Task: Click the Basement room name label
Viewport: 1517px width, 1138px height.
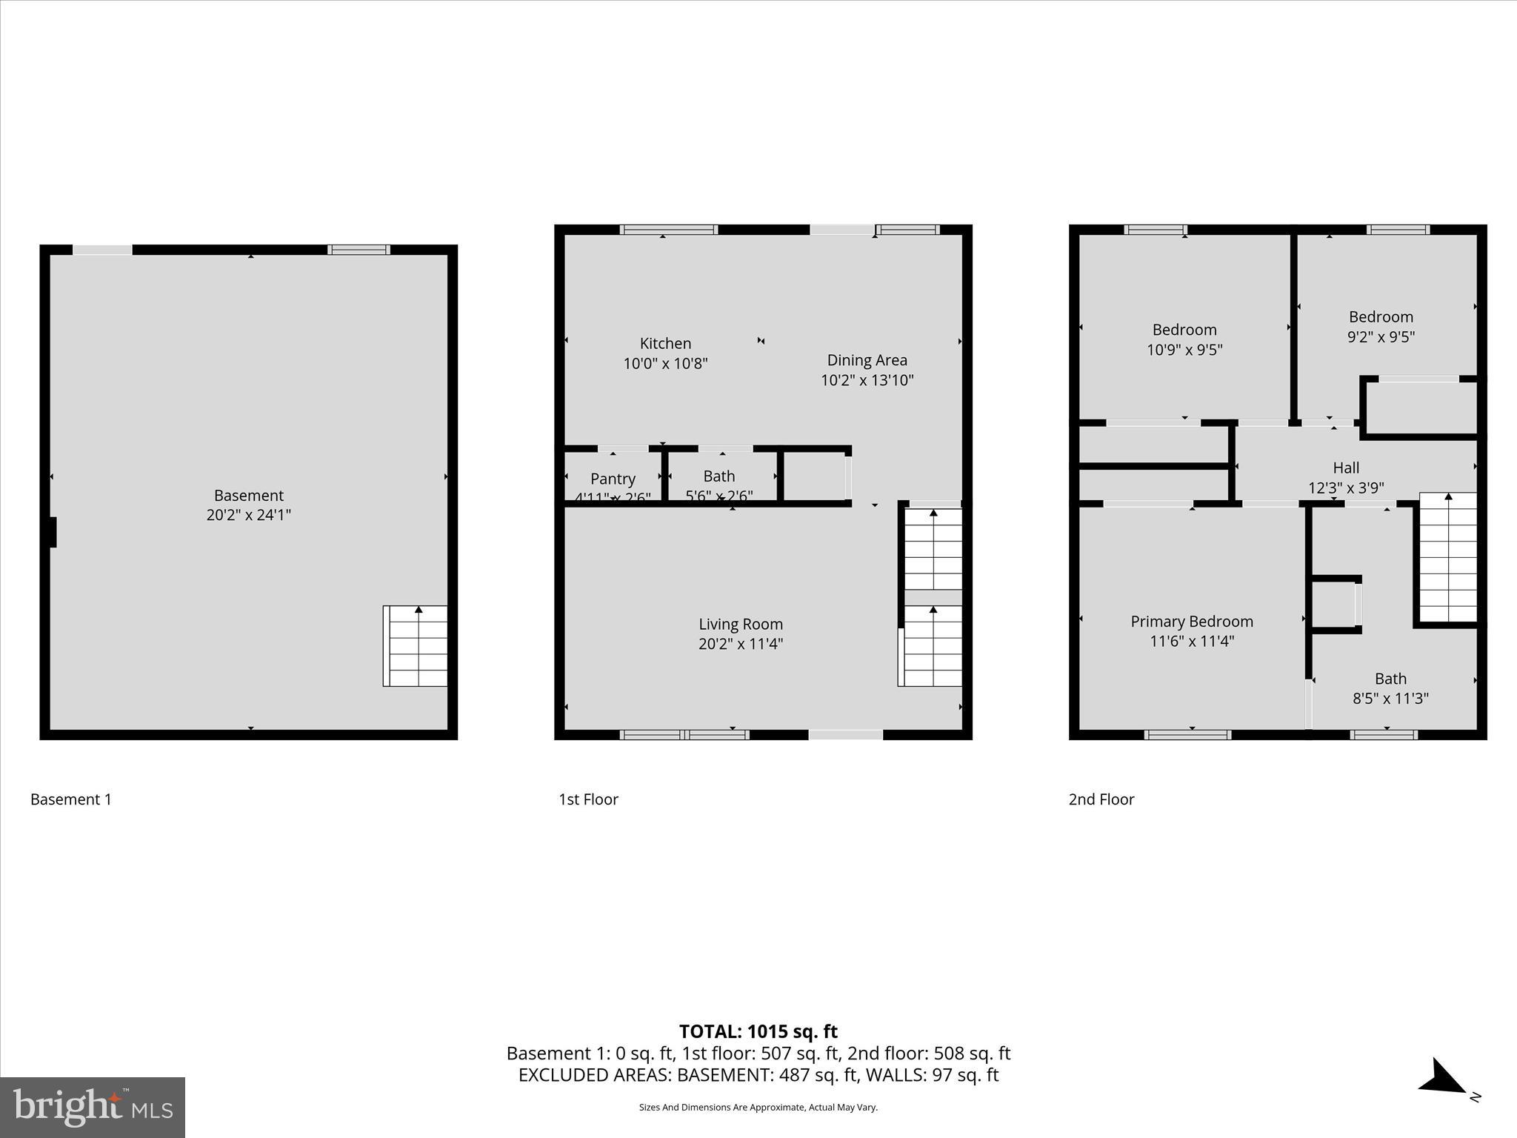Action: (248, 495)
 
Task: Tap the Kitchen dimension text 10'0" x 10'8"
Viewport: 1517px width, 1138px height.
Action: (665, 364)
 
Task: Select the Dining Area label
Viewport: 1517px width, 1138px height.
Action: (867, 360)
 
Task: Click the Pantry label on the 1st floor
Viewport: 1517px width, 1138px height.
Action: (613, 479)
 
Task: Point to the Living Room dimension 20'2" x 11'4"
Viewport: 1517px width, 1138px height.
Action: (740, 644)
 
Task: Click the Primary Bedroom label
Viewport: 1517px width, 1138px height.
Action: (1191, 622)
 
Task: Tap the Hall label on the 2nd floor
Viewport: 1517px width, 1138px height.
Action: (1345, 467)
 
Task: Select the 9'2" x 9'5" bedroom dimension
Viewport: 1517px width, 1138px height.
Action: (1380, 337)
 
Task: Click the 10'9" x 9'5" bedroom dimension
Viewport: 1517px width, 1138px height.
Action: (1184, 350)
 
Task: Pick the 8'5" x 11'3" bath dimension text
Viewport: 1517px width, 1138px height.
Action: (1390, 698)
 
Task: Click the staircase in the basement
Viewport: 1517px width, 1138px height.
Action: (415, 646)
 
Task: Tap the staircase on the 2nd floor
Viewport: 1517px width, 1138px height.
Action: (1447, 557)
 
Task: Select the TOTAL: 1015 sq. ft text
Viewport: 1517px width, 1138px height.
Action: (758, 1031)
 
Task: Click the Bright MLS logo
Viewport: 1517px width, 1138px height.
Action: (93, 1107)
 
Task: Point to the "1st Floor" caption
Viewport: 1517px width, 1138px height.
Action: (588, 799)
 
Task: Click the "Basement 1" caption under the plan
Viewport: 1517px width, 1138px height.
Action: (71, 799)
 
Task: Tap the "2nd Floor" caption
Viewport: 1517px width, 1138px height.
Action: (1101, 799)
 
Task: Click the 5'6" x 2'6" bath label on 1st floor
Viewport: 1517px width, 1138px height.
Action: (719, 496)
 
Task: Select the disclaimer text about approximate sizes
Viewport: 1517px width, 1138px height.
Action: (758, 1108)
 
